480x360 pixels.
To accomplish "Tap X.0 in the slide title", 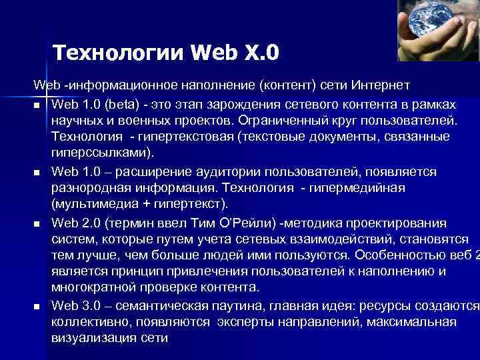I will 261,51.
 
